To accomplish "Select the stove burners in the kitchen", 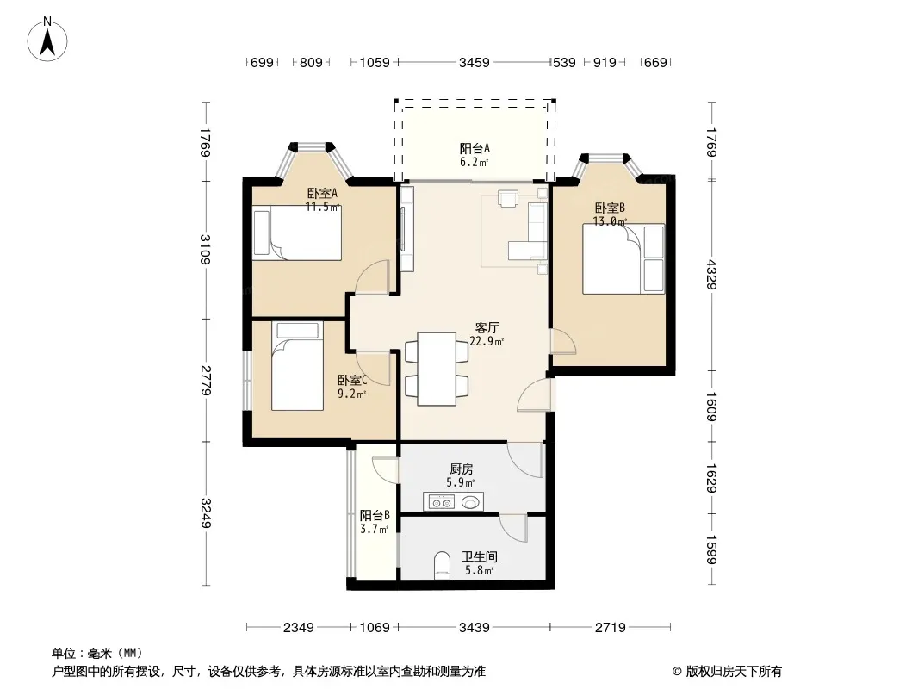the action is tap(440, 502).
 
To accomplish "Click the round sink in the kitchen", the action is tap(470, 502).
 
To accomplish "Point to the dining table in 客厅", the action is tap(437, 369).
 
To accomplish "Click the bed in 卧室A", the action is tap(297, 233).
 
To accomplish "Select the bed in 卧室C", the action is tap(297, 366).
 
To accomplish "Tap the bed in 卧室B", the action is tap(623, 258).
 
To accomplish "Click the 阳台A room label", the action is tap(475, 149).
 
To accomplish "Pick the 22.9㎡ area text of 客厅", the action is tap(487, 341).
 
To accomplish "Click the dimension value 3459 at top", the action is tap(475, 62).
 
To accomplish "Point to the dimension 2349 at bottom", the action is tap(299, 628).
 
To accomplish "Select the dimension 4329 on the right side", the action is tap(712, 274).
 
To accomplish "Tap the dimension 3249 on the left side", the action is tap(206, 512).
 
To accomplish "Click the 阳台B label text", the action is tap(375, 516).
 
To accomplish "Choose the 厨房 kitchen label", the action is tap(462, 469).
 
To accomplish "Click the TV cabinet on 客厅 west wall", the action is tap(406, 228).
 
